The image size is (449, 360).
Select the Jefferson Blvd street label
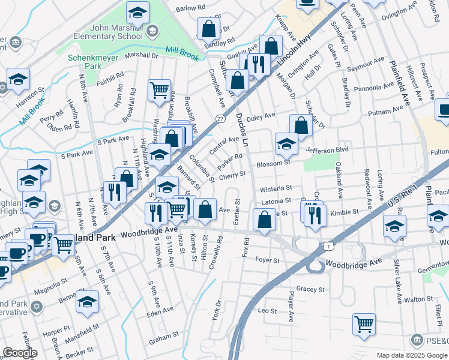[327, 150]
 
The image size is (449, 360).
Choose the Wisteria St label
[276, 188]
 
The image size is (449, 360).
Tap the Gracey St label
[310, 289]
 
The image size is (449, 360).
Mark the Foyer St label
[268, 261]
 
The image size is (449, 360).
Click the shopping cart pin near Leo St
[364, 324]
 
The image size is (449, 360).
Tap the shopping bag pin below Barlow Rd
[208, 28]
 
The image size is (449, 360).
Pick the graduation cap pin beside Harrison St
[18, 78]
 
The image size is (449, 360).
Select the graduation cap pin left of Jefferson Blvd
[286, 143]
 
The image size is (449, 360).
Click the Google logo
[20, 353]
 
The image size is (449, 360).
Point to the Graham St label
[164, 339]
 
